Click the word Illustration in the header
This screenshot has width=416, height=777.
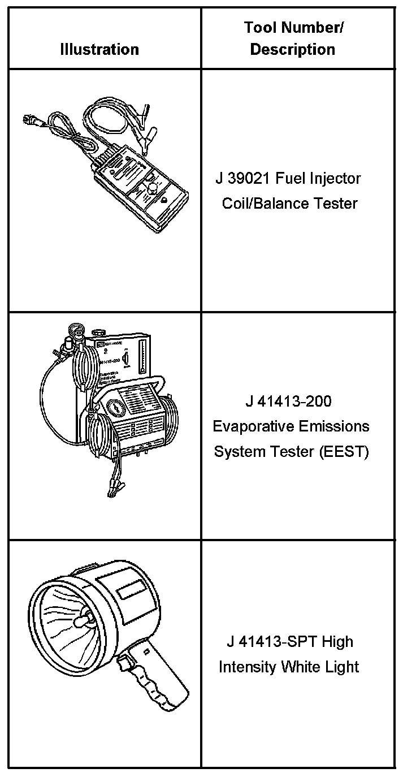[99, 50]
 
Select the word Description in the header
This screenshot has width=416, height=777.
[293, 50]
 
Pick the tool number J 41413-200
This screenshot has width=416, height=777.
[288, 402]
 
